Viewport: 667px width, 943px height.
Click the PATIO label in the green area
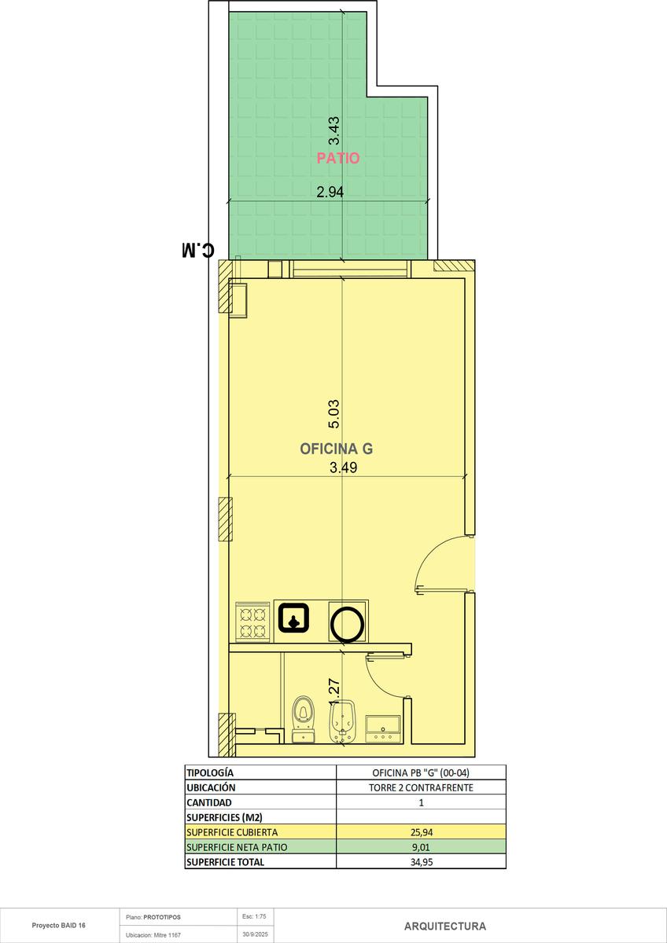(338, 158)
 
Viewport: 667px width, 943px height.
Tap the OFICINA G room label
(336, 449)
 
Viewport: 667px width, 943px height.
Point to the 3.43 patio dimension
(333, 130)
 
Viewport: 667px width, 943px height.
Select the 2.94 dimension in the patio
(330, 192)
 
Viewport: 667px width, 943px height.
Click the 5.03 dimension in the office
(333, 414)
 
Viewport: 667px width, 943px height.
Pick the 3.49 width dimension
(344, 468)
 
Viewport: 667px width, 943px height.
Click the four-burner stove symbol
(252, 622)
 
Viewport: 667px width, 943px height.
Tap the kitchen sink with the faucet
(293, 618)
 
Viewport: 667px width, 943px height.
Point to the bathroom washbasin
(383, 728)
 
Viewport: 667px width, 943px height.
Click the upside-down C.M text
(197, 250)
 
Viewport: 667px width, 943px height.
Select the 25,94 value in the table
(422, 832)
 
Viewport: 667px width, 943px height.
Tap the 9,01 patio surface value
(422, 847)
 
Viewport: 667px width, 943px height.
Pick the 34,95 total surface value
(422, 862)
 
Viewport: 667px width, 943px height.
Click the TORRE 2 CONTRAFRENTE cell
(421, 787)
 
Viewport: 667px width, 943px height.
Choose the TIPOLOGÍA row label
(210, 773)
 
